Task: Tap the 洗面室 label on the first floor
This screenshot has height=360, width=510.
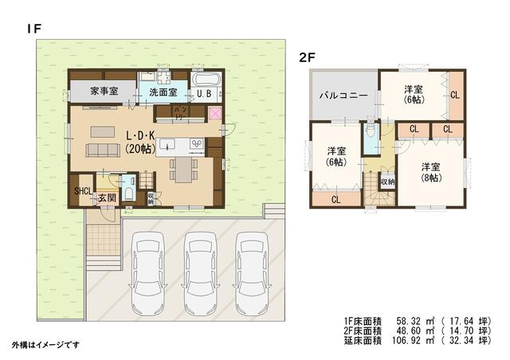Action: pyautogui.click(x=163, y=93)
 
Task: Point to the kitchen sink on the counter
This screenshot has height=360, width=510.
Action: pyautogui.click(x=168, y=145)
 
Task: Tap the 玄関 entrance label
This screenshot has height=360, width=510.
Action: pyautogui.click(x=107, y=198)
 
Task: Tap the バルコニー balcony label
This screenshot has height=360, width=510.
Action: pyautogui.click(x=343, y=95)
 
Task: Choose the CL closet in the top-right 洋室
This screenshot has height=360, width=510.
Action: pyautogui.click(x=453, y=95)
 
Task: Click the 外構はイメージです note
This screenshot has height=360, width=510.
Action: pyautogui.click(x=46, y=344)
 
